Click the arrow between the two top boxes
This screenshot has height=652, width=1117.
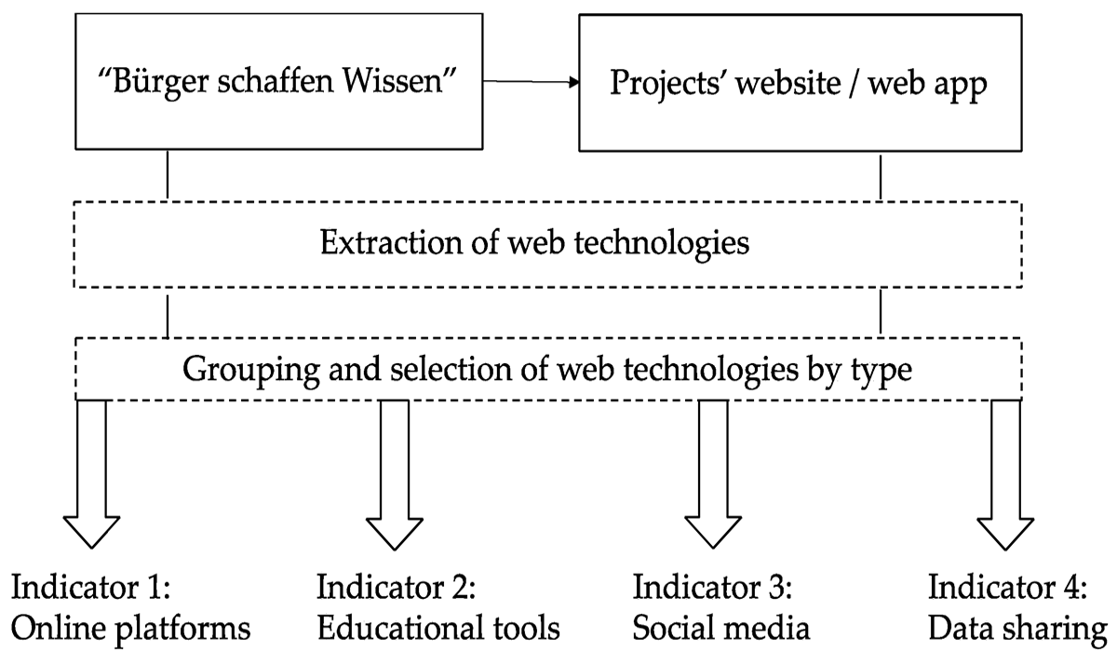[x=531, y=82]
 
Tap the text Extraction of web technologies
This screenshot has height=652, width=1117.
[x=534, y=244]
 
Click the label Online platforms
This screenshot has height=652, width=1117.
[x=131, y=628]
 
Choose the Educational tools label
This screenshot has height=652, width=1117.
[x=438, y=628]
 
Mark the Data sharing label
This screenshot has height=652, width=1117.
[x=1018, y=628]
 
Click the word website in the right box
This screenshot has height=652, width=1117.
[x=799, y=83]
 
